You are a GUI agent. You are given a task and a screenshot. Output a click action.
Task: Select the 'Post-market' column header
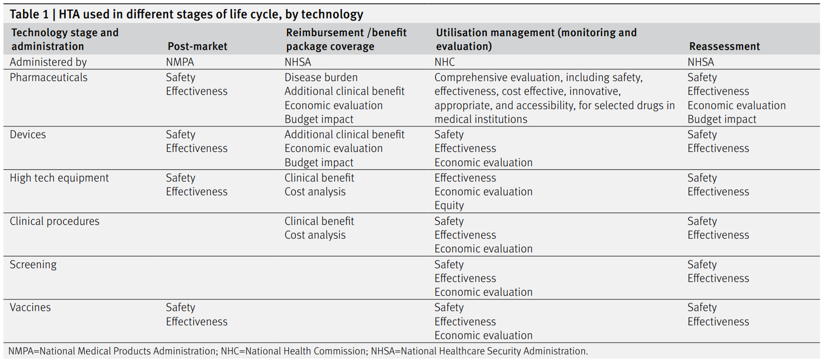click(x=197, y=46)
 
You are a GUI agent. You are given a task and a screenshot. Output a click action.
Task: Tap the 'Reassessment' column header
click(x=724, y=46)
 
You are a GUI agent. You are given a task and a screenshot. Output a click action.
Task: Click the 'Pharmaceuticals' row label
click(x=49, y=77)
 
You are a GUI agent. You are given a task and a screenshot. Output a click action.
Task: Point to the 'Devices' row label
click(x=28, y=135)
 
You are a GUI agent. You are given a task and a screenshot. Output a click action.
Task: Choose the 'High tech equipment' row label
click(x=59, y=178)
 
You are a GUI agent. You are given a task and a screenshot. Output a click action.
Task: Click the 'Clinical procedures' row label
click(x=54, y=221)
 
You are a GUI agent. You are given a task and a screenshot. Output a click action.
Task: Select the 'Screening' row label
click(x=33, y=265)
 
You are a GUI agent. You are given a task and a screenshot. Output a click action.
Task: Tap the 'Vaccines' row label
click(x=30, y=308)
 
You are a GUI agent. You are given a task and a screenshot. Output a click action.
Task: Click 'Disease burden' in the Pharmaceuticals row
click(x=321, y=77)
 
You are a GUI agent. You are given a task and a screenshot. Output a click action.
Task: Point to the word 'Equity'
click(x=449, y=206)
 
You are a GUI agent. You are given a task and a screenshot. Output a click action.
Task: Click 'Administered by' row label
click(x=48, y=62)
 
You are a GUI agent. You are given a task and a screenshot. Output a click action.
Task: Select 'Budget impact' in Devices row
click(x=319, y=163)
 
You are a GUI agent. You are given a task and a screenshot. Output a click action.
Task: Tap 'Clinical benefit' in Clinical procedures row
click(x=319, y=221)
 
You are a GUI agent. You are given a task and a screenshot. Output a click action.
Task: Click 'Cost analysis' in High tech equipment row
click(x=315, y=192)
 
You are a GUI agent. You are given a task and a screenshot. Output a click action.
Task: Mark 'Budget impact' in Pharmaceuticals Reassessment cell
click(x=722, y=120)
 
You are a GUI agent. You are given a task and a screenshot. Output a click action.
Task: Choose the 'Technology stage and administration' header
click(x=65, y=40)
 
